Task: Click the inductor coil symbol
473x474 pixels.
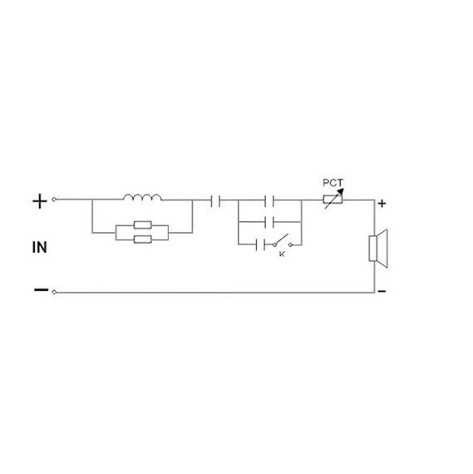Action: tap(142, 197)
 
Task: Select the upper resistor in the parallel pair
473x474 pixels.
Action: tap(143, 225)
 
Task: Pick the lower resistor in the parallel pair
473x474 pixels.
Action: tap(143, 239)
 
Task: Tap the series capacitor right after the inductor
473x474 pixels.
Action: tap(215, 200)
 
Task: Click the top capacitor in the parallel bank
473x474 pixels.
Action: tap(269, 200)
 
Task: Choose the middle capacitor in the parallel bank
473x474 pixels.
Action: tap(269, 222)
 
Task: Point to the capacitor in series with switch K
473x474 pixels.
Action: tap(260, 244)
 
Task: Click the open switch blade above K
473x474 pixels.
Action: tap(281, 239)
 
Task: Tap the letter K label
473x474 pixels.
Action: tap(282, 254)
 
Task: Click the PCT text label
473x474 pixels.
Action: tap(333, 183)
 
